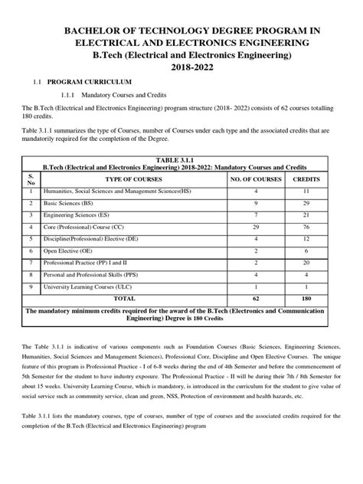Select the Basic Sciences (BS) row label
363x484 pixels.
(70, 204)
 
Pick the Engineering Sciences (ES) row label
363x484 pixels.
(77, 217)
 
